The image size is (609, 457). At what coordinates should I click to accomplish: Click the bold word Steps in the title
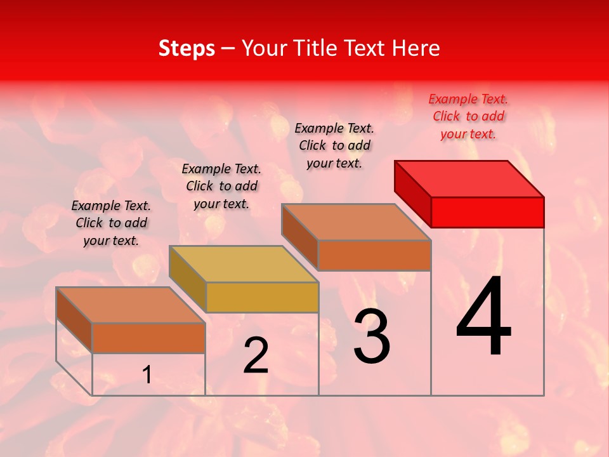tap(187, 48)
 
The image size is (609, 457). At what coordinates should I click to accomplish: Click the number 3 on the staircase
tap(371, 336)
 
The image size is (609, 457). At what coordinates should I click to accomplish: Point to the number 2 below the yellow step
tap(256, 355)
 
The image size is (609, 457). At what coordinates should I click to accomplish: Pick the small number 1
tap(147, 375)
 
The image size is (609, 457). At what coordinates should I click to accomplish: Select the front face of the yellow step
tap(262, 297)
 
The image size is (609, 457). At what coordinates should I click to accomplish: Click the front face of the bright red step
tap(487, 212)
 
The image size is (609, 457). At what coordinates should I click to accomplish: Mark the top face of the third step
tap(356, 222)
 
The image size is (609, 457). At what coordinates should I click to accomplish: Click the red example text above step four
tap(468, 116)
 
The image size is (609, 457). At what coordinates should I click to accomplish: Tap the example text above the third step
tap(334, 145)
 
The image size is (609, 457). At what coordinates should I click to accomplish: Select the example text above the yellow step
tap(221, 186)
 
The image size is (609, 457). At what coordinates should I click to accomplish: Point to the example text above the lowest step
tap(111, 223)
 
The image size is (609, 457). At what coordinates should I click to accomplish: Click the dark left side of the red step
tap(412, 193)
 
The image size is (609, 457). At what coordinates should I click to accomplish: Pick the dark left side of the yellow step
tap(187, 277)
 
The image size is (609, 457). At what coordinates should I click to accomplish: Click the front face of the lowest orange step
tap(148, 338)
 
